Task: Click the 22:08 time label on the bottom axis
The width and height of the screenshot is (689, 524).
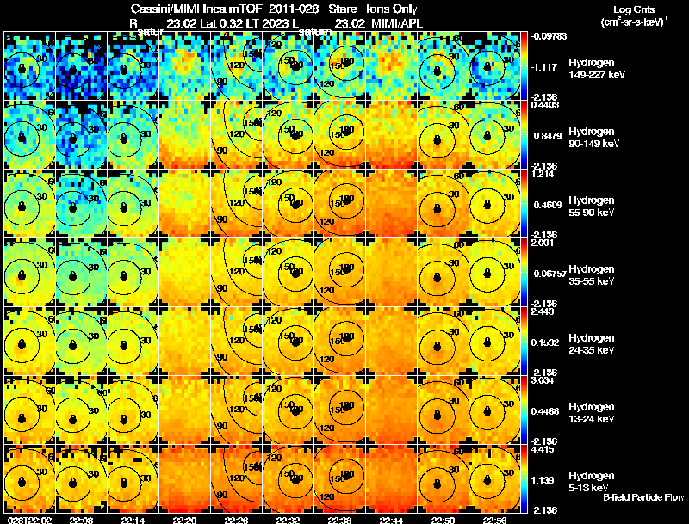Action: [82, 520]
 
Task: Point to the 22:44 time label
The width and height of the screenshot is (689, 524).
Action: [392, 520]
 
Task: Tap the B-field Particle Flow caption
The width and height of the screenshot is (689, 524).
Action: [643, 497]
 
